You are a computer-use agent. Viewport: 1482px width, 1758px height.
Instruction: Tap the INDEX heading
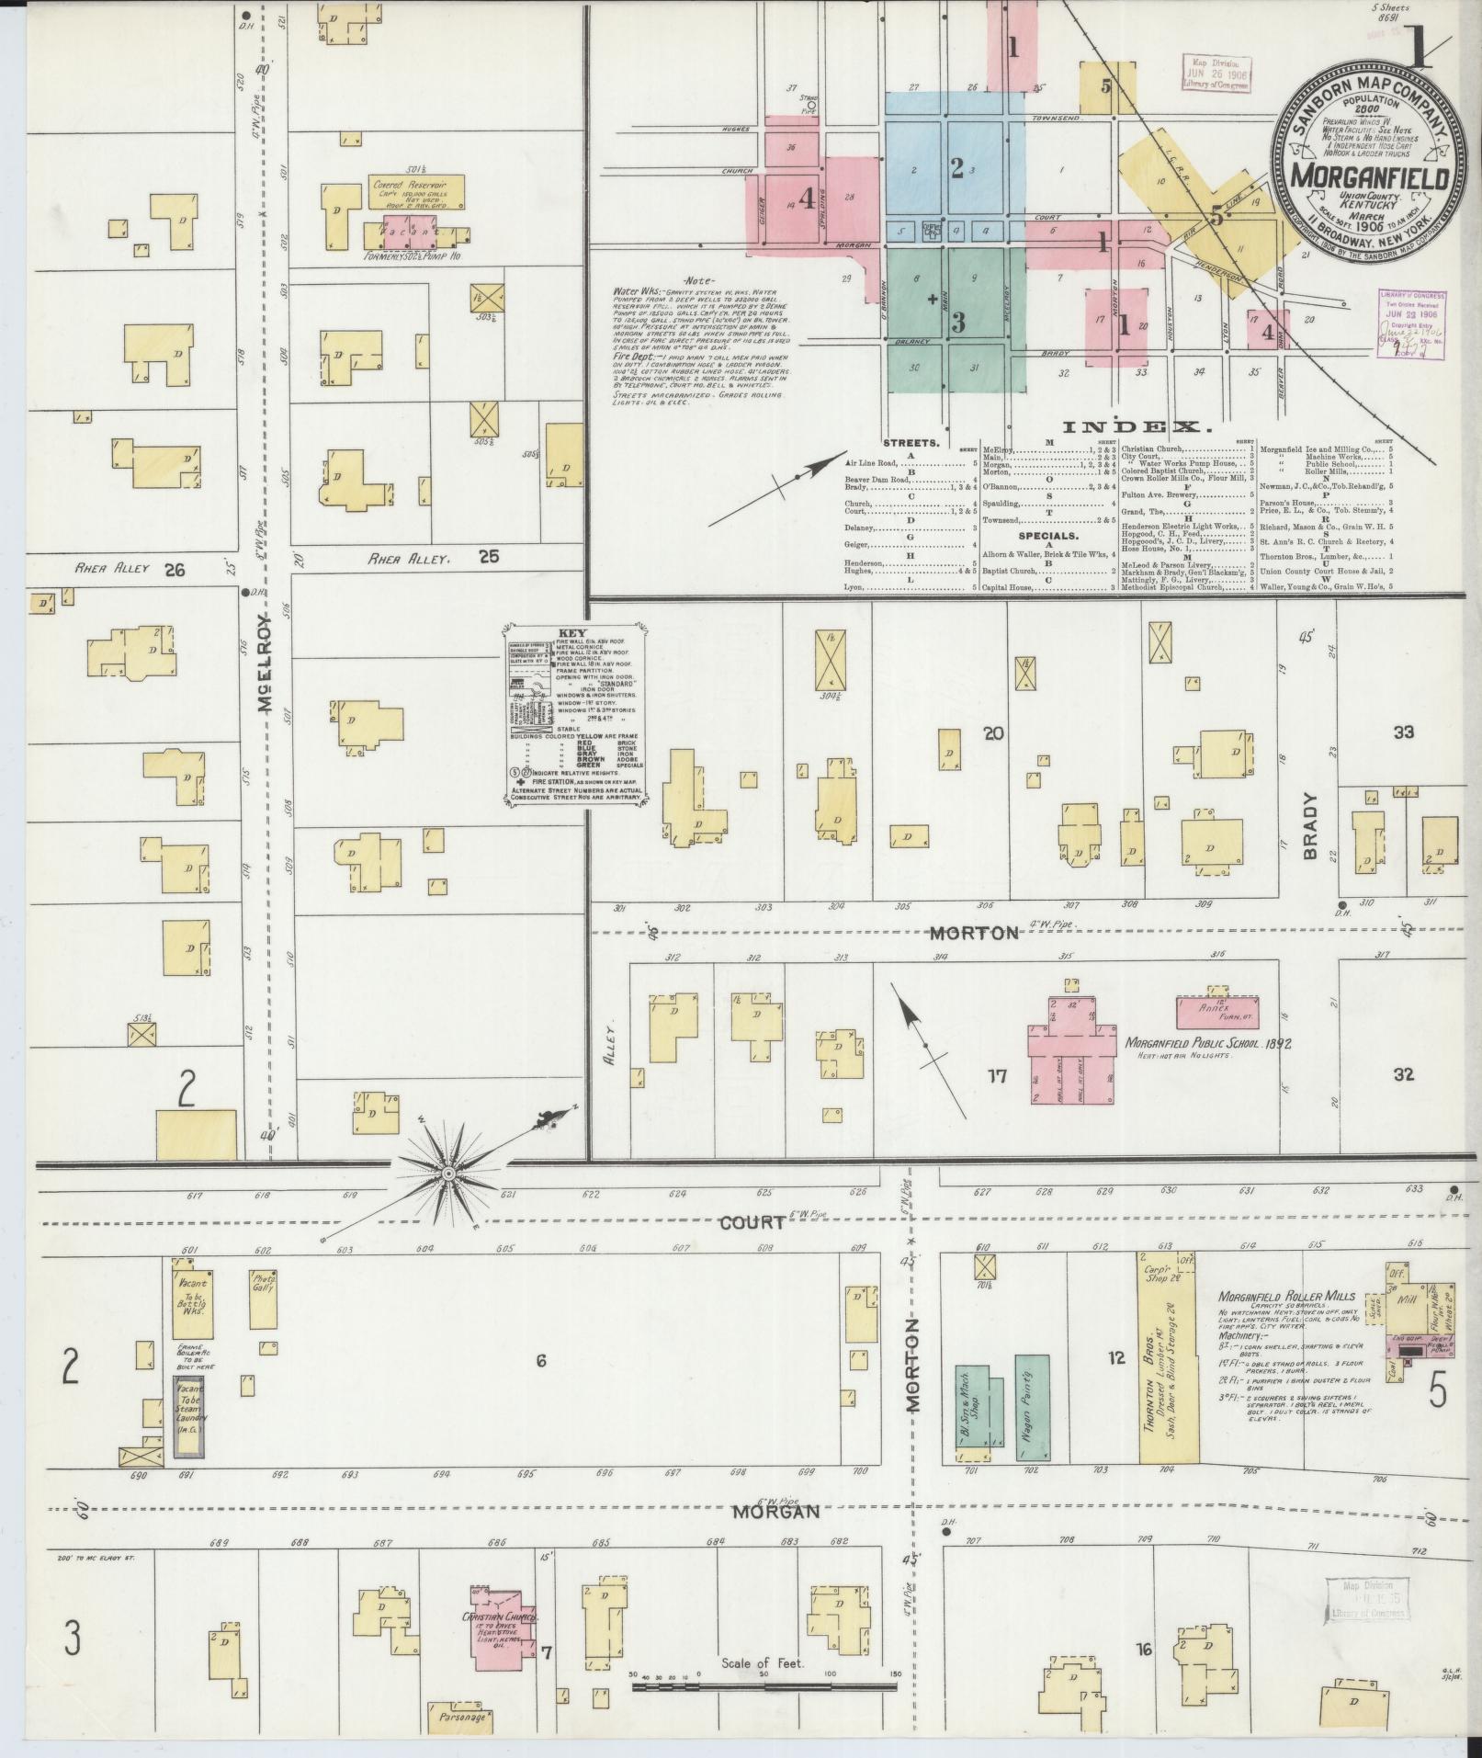[x=1137, y=426]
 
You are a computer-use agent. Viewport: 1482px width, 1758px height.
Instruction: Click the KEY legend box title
[x=572, y=634]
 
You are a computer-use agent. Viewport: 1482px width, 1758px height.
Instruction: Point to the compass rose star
[x=448, y=1174]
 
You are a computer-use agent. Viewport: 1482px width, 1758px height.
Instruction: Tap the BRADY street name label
[x=1310, y=826]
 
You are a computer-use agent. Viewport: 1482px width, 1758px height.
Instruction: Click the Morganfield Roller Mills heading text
[x=1285, y=1297]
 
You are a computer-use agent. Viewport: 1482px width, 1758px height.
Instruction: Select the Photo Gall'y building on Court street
[x=264, y=1305]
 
